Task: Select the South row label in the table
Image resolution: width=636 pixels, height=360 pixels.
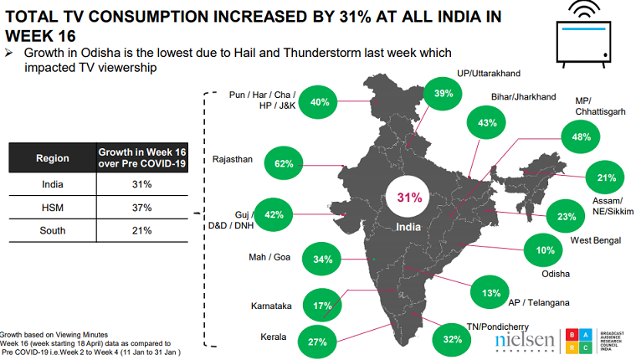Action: (x=52, y=230)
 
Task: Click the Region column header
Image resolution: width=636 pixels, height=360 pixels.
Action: (x=52, y=158)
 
